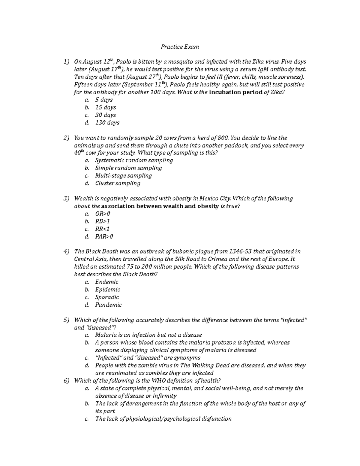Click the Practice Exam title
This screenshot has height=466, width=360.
(180, 47)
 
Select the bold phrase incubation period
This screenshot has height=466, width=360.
(235, 92)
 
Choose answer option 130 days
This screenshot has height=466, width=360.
(107, 123)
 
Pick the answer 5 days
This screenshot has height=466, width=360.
(104, 100)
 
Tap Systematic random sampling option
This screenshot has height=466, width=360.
(134, 161)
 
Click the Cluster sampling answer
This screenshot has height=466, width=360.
(118, 183)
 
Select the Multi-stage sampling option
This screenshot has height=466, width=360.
(123, 176)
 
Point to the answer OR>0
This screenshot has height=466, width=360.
(103, 214)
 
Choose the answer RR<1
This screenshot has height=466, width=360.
(102, 229)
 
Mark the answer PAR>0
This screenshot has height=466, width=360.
(104, 237)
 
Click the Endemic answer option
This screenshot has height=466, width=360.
(106, 282)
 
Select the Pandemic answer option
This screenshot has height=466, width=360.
(108, 305)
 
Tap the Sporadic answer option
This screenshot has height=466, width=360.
(107, 297)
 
